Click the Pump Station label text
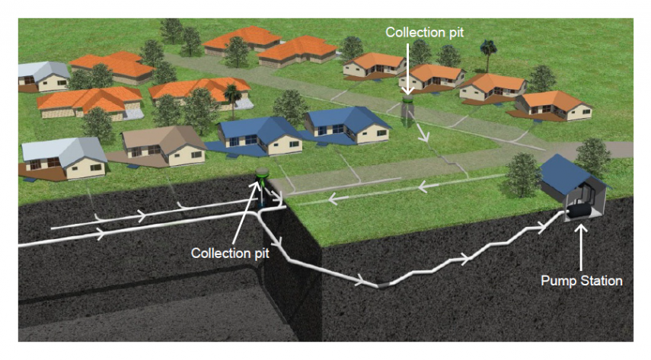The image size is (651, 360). (x=581, y=281)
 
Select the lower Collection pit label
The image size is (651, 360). (x=220, y=252)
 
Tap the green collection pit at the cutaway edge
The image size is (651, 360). (x=262, y=177)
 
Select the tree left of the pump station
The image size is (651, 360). (x=523, y=172)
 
